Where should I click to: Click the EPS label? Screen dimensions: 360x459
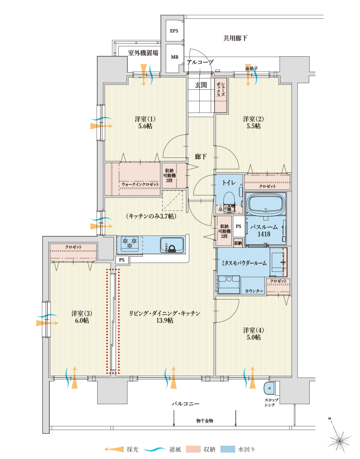click(174, 31)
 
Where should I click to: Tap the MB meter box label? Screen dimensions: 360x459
click(175, 57)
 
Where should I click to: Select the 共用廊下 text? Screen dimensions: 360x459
click(235, 38)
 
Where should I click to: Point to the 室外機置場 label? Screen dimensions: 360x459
click(144, 53)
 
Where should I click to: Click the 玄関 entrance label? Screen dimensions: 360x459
click(201, 85)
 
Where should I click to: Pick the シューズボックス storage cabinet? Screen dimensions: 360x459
click(221, 95)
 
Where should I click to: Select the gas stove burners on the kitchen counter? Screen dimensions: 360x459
click(130, 243)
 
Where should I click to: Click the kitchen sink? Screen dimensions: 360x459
click(172, 245)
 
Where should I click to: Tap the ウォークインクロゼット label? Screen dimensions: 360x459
click(140, 185)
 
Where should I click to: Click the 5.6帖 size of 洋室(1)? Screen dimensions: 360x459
click(145, 126)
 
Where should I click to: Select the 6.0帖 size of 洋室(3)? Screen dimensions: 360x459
click(82, 320)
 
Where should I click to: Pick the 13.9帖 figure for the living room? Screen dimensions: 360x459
click(165, 320)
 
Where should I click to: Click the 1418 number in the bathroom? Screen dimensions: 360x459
click(264, 234)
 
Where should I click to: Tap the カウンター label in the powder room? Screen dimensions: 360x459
click(254, 291)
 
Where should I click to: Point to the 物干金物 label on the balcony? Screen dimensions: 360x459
click(205, 421)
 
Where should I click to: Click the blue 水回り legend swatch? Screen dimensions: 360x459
click(228, 449)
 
